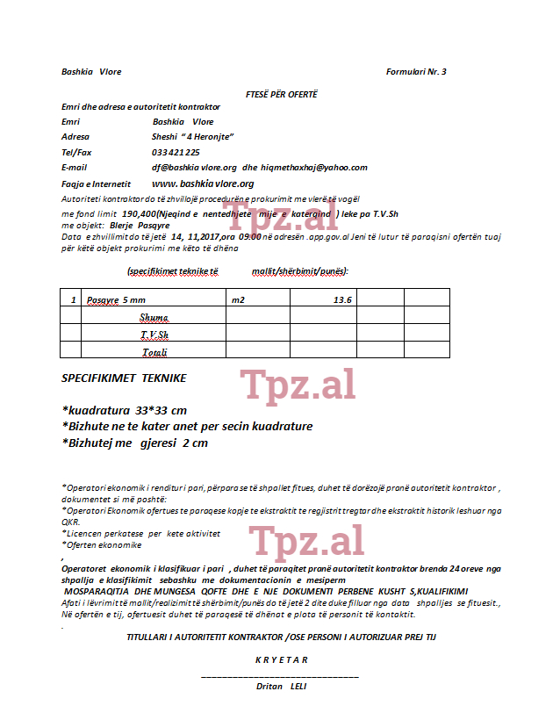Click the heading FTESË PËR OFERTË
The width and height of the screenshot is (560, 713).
click(281, 93)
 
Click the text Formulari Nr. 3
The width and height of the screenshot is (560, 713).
click(416, 72)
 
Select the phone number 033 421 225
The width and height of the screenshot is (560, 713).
click(176, 152)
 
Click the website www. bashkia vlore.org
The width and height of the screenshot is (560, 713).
click(203, 184)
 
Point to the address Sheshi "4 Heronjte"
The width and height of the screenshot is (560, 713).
click(191, 137)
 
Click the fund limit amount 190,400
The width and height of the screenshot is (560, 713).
click(140, 213)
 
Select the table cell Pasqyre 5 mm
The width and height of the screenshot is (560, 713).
click(116, 300)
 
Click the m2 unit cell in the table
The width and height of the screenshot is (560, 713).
click(238, 300)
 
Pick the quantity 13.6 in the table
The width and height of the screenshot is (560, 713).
click(342, 300)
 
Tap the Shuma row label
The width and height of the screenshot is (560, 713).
click(154, 317)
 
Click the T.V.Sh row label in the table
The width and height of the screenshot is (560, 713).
click(154, 335)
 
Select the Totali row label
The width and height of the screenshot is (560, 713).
click(154, 352)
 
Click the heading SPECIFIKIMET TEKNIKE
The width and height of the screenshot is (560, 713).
click(124, 378)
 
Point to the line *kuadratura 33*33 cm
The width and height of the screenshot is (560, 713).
click(124, 410)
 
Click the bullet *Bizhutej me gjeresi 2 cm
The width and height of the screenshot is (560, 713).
click(135, 443)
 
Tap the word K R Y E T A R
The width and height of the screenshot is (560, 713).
click(281, 659)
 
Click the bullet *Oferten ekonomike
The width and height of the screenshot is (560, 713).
click(102, 544)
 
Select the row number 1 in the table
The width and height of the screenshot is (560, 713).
click(73, 300)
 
